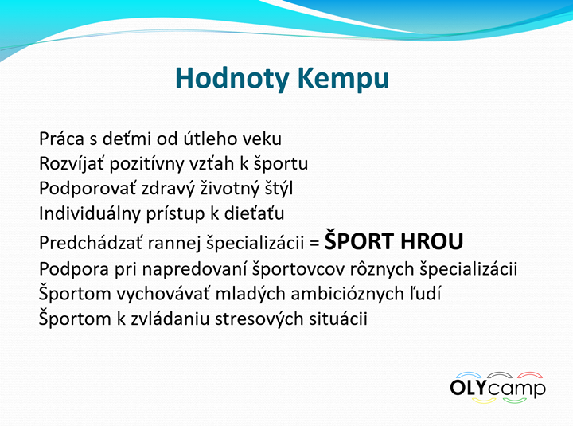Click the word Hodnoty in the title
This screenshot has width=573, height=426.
[x=232, y=78]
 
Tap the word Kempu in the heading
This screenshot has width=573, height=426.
[x=343, y=78]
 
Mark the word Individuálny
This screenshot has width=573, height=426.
[x=90, y=213]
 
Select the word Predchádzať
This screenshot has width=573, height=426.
[x=91, y=242]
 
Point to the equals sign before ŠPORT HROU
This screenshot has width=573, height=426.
[x=314, y=243]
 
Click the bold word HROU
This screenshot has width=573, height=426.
[x=431, y=242]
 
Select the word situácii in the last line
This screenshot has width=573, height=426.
[x=338, y=319]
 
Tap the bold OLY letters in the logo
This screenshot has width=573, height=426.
[x=470, y=387]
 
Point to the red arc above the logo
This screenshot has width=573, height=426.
[x=530, y=375]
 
